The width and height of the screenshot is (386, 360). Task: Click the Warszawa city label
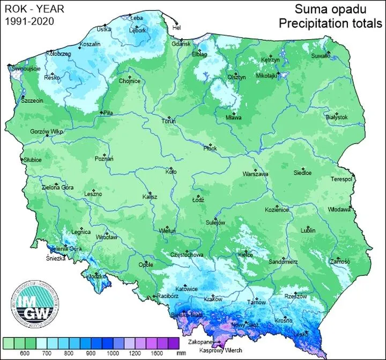coord(255,175)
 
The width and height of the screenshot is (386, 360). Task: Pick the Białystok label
coord(337,117)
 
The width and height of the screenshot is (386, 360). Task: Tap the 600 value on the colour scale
coord(25,354)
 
